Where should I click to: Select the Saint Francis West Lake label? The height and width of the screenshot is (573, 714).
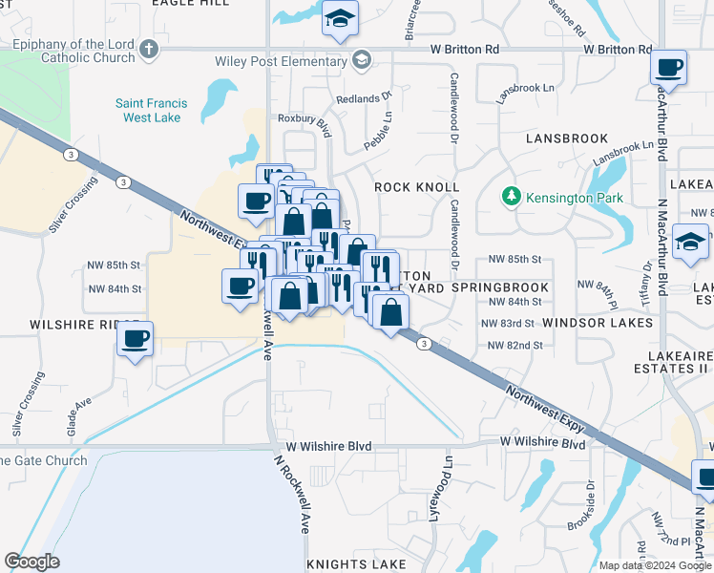[x=148, y=110]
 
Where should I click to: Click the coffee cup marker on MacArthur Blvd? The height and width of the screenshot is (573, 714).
[x=669, y=69]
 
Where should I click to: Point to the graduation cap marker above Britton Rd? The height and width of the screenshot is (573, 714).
[x=339, y=19]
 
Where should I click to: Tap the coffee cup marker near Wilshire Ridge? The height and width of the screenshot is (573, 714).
[x=136, y=337]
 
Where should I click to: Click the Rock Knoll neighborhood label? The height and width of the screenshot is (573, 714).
[x=416, y=187]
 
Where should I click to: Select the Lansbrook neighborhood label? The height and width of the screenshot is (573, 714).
[x=567, y=138]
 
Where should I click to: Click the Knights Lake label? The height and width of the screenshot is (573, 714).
[x=355, y=563]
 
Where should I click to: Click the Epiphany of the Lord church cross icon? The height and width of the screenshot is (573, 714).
[x=148, y=49]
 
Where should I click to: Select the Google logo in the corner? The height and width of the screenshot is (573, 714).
[x=31, y=562]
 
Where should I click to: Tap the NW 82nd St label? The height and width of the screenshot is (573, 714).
[x=514, y=345]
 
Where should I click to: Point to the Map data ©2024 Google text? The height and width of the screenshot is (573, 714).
[x=656, y=565]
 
